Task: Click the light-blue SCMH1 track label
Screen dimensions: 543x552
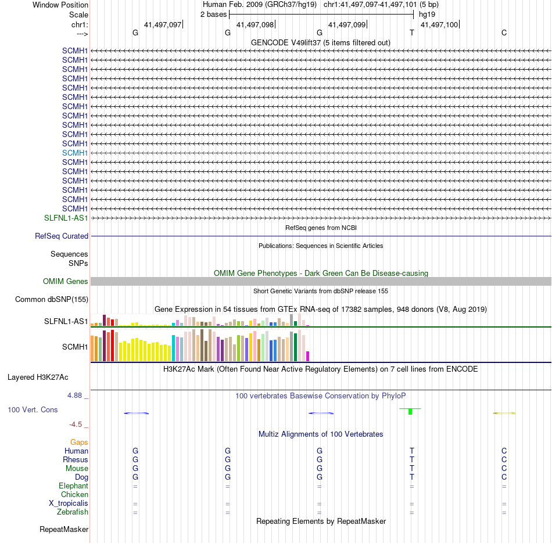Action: [x=75, y=153]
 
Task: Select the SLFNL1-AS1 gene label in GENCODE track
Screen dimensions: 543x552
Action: [x=66, y=218]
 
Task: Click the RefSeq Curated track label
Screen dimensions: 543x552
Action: [x=62, y=236]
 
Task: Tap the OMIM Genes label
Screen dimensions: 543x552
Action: [x=66, y=281]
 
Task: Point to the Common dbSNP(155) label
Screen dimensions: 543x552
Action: [x=52, y=300]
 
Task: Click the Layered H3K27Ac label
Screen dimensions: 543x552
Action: [x=38, y=377]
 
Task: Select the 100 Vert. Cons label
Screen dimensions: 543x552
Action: [x=33, y=409]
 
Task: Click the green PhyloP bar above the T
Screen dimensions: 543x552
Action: [x=410, y=411]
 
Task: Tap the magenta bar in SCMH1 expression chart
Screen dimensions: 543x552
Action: [x=308, y=356]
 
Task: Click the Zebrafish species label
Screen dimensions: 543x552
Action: [x=73, y=512]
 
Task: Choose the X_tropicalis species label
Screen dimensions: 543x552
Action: [x=69, y=504]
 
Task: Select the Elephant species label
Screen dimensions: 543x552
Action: [x=73, y=486]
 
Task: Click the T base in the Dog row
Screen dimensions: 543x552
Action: [x=412, y=477]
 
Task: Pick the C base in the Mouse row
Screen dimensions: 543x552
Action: [x=504, y=468]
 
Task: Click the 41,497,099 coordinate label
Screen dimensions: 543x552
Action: [x=347, y=25]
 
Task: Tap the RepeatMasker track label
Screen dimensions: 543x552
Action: [x=64, y=530]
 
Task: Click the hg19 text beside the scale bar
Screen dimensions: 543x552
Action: [x=426, y=14]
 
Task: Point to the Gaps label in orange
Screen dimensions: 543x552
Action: [x=79, y=442]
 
